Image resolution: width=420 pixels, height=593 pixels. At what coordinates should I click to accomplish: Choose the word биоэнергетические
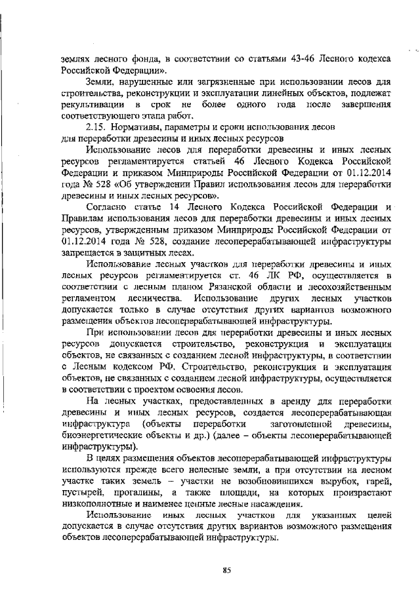point(108,437)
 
